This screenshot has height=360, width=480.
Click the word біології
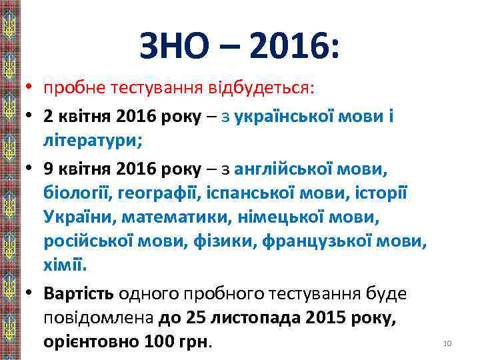click(x=77, y=193)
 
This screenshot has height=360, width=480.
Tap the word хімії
click(x=64, y=266)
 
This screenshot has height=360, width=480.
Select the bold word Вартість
click(x=79, y=293)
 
